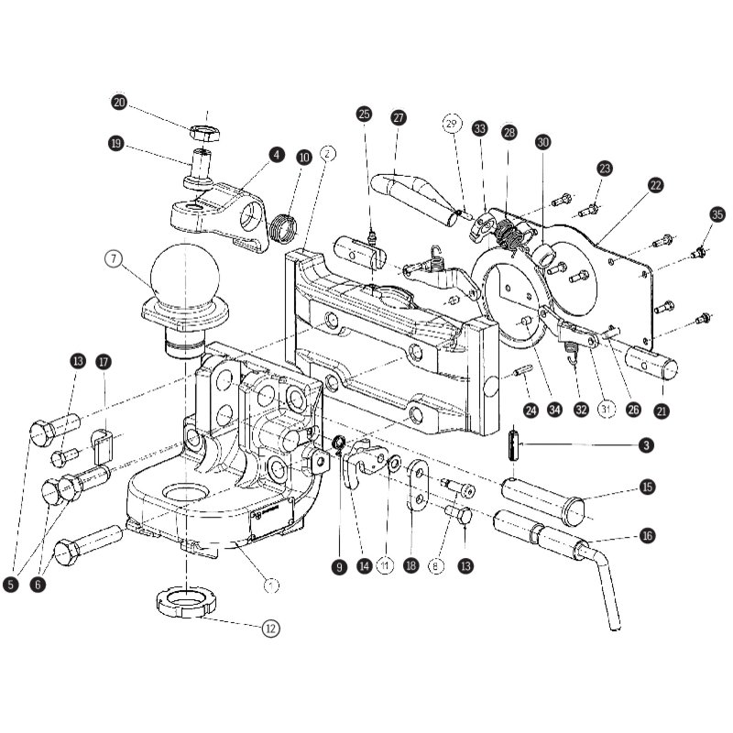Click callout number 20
pos(119,102)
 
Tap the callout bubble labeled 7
pos(113,259)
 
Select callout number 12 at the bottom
pos(270,628)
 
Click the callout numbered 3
pos(647,445)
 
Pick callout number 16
pos(647,535)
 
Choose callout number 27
pos(398,117)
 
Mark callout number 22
pos(655,185)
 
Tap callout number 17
pos(104,362)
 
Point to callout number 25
pos(364,115)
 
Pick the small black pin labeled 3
pos(513,445)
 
